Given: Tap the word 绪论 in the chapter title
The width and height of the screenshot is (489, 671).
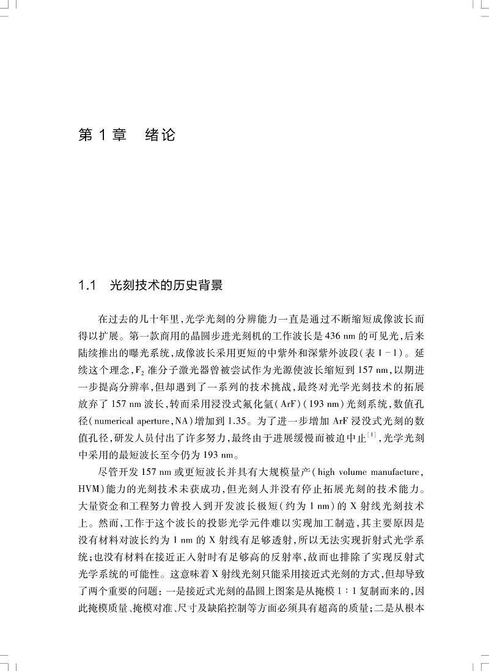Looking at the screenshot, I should coord(160,134).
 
